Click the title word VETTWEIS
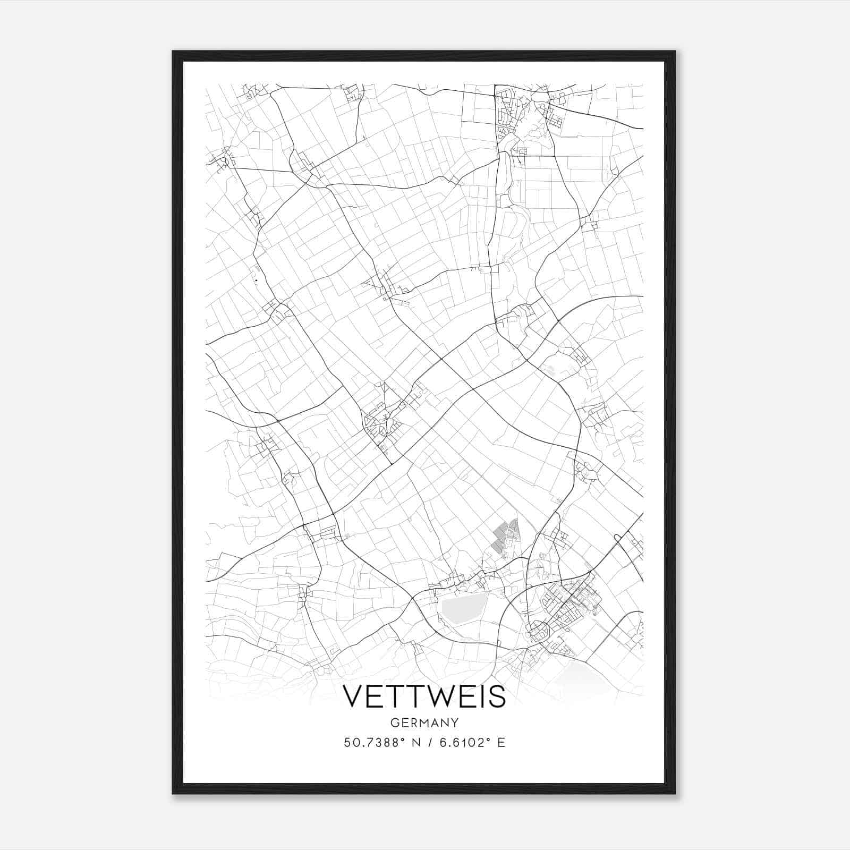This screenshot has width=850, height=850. [x=424, y=696]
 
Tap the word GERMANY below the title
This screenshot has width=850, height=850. [x=424, y=722]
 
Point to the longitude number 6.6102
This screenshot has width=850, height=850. [x=460, y=742]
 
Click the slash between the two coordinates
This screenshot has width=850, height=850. [x=424, y=742]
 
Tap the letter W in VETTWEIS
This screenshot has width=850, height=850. [x=442, y=696]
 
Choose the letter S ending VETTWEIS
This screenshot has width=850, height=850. [x=497, y=696]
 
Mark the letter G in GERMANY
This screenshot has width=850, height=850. [x=394, y=722]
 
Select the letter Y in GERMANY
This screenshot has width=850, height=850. [x=455, y=722]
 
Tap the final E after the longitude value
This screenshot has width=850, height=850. [x=501, y=742]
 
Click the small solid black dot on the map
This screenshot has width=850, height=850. [x=256, y=280]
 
